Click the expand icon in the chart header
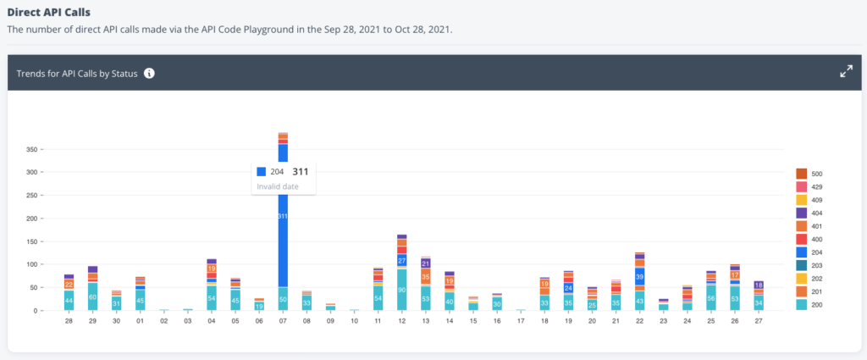click(x=845, y=72)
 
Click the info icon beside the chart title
click(x=149, y=74)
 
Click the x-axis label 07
click(x=283, y=321)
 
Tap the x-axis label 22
click(x=640, y=321)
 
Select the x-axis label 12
click(x=402, y=321)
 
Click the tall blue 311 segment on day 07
click(x=283, y=216)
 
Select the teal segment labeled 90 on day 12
click(x=402, y=290)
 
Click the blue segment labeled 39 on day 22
click(x=640, y=278)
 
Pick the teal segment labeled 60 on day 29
click(x=92, y=296)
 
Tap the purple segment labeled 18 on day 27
click(x=759, y=285)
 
